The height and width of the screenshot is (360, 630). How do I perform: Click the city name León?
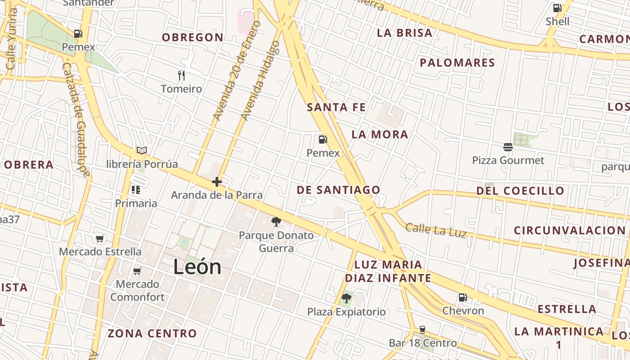197,267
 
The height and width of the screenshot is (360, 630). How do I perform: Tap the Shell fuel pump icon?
557,8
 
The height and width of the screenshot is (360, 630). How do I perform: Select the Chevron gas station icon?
463,297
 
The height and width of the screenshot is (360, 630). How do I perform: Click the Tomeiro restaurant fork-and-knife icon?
181,75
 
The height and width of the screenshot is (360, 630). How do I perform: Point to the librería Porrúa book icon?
142,150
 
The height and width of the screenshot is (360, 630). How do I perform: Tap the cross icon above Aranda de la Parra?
217,182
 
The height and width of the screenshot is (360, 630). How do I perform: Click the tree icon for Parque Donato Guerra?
276,221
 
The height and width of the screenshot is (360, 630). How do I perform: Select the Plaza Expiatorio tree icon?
346,298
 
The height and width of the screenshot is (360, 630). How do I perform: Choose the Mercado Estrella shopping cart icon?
99,238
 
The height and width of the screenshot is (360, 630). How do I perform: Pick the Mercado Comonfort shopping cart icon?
137,270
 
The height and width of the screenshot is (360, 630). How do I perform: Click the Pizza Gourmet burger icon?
508,147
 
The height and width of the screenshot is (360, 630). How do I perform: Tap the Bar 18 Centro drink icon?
422,330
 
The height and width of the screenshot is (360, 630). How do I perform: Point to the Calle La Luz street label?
435,230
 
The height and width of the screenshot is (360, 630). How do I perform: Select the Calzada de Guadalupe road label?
77,119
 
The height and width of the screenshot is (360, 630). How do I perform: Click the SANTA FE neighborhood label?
336,107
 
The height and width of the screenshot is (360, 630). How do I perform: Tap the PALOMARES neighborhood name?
457,63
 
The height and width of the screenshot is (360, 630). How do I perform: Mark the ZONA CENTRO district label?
152,333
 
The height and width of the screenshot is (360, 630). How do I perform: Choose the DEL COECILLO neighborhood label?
520,190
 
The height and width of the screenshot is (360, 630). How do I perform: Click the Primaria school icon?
135,190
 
